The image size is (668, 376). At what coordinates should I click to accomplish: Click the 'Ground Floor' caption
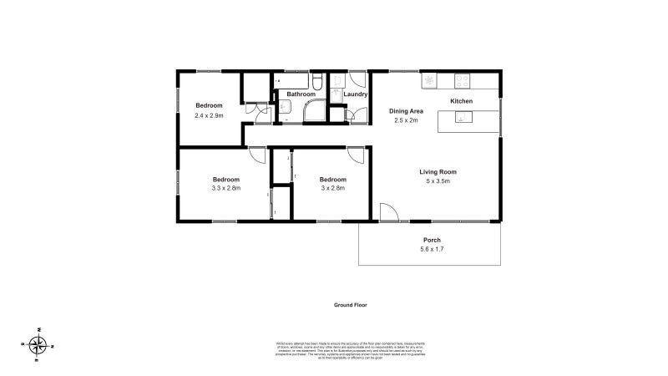click(350, 305)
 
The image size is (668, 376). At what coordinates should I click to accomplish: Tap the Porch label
click(432, 240)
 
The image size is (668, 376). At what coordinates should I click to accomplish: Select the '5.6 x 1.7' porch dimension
click(432, 249)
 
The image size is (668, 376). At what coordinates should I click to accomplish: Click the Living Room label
click(438, 172)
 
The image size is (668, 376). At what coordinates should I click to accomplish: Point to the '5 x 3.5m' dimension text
click(438, 181)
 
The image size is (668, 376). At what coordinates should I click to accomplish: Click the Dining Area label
click(407, 111)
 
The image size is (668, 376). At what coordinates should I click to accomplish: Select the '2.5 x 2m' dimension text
click(407, 120)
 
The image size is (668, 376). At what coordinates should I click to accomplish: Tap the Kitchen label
click(461, 101)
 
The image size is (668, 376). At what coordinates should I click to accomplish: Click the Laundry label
click(356, 94)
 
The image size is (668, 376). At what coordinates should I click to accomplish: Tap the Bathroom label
click(300, 94)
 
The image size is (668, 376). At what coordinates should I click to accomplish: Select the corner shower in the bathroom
click(316, 112)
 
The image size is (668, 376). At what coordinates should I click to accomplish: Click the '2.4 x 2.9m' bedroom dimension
click(209, 114)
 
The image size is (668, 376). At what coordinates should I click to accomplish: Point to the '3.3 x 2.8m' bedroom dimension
click(225, 188)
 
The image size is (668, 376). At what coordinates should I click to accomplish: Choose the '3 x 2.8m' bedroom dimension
click(332, 188)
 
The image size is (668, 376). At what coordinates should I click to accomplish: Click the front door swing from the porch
click(387, 212)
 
